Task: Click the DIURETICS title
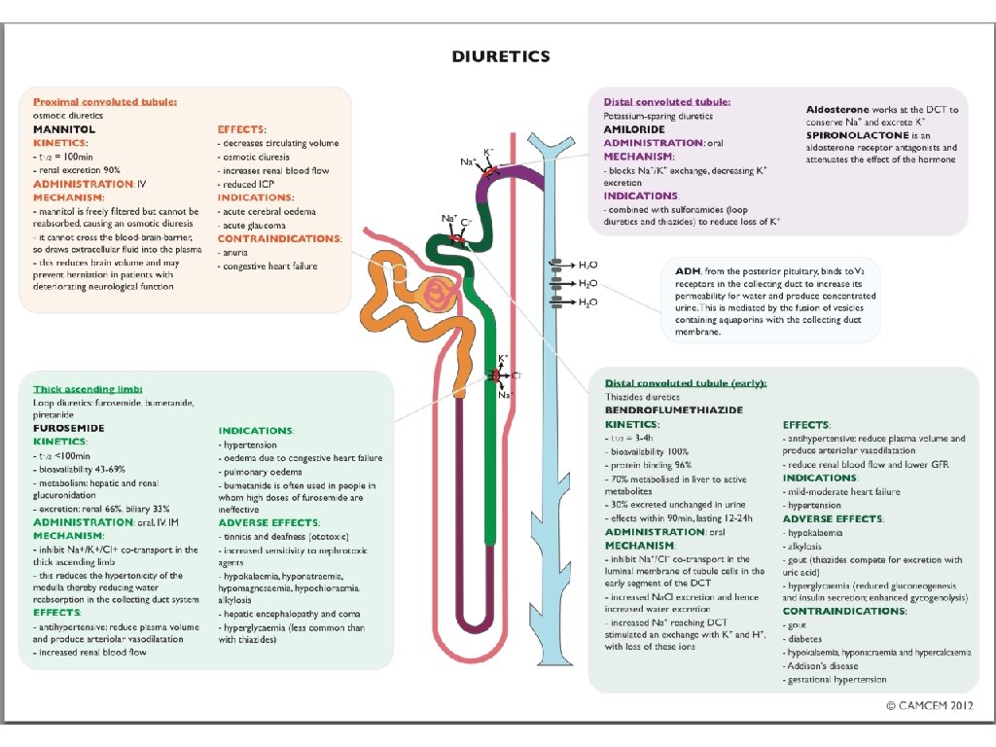(x=501, y=56)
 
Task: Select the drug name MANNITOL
(x=64, y=128)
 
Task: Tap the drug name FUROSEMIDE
(x=69, y=428)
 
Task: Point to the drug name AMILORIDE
(x=634, y=128)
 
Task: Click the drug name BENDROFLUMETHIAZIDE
(x=674, y=410)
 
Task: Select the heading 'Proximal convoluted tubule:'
(x=105, y=100)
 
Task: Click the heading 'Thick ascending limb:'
(x=89, y=388)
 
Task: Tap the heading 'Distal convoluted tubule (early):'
(x=686, y=383)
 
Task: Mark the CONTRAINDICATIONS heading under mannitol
(x=279, y=238)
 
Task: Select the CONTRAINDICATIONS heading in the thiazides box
(x=844, y=611)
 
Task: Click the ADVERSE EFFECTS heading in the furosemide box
(x=268, y=522)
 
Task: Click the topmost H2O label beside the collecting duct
(x=588, y=265)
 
